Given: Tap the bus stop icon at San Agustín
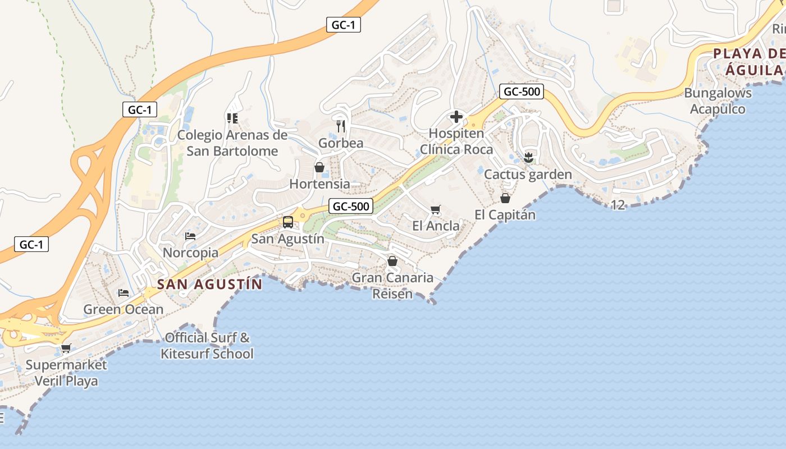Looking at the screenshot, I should coord(288,222).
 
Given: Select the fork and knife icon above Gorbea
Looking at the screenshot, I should coord(340,126).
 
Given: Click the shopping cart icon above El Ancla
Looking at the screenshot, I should coord(435,210).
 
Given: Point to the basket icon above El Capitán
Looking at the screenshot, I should coord(505,198).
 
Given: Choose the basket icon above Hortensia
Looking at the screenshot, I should coord(319,167).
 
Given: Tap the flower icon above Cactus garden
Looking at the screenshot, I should coord(528,157).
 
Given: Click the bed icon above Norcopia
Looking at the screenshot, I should coord(190,236).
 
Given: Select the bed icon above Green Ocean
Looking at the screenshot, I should coord(124,293).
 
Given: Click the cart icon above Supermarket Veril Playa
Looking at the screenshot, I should coord(66,349).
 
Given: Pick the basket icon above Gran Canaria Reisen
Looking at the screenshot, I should coord(392,261).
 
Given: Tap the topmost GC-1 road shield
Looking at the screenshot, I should coord(343,25).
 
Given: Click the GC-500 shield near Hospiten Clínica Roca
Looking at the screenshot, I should coord(522,91).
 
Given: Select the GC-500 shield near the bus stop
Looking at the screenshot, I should coord(351,206).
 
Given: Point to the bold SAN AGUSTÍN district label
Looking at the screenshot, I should coord(209,284).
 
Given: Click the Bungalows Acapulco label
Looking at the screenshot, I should coord(718,101).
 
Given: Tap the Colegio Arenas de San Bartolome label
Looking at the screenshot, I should coord(232,143).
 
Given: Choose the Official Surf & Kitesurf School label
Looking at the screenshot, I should coord(207,346).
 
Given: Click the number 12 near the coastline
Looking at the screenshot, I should coord(618,205).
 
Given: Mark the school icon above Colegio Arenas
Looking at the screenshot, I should coord(232,118).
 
